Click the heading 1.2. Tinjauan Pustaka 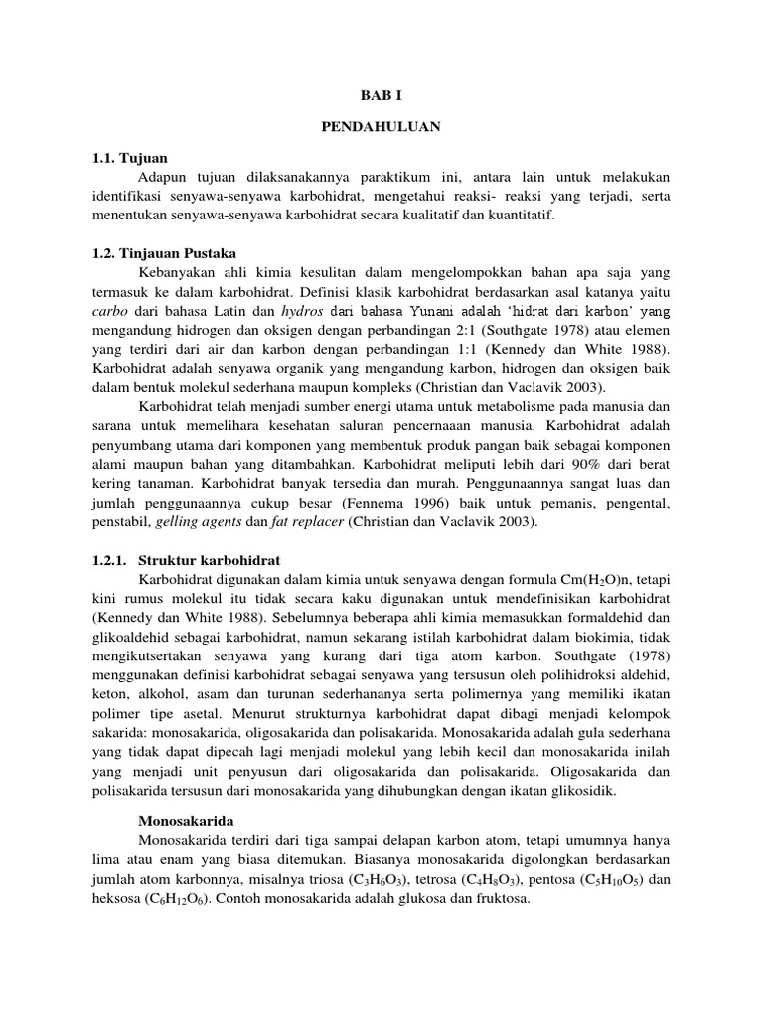[x=163, y=253]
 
